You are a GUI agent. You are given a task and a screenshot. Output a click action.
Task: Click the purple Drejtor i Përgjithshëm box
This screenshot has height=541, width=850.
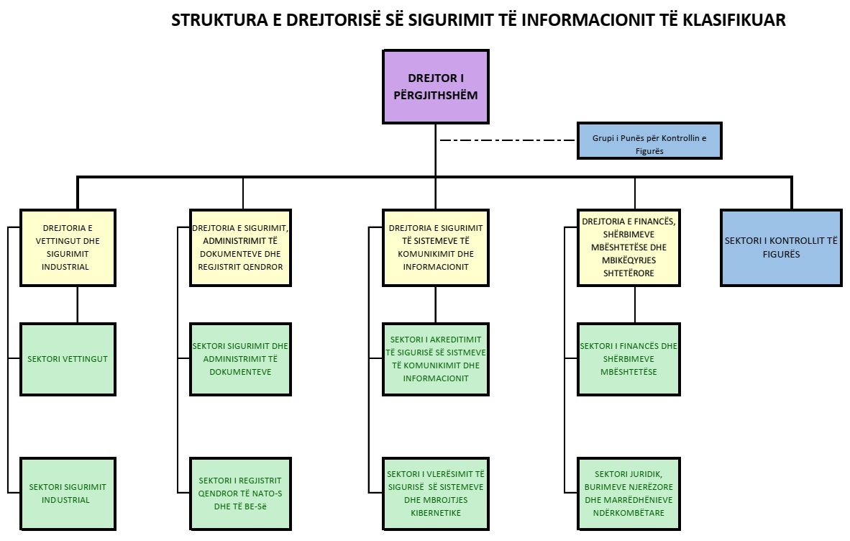click(436, 87)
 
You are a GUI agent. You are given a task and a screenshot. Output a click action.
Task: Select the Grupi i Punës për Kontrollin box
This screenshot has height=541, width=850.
click(649, 141)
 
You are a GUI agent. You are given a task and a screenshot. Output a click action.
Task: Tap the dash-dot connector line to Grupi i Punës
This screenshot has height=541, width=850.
click(508, 140)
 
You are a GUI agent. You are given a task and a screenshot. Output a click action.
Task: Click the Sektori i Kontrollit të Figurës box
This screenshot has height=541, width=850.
click(781, 247)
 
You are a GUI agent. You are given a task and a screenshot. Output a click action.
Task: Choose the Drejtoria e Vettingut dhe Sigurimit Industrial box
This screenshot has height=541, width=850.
click(68, 247)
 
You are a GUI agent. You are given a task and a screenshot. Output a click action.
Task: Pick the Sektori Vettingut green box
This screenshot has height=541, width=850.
click(68, 360)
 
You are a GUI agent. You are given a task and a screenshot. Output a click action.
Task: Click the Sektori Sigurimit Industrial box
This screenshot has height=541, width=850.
click(68, 494)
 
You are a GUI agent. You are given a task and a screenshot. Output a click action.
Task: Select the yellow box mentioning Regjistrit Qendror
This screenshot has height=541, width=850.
click(240, 247)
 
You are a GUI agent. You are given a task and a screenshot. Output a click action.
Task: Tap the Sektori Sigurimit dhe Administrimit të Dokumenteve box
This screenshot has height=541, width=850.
click(240, 360)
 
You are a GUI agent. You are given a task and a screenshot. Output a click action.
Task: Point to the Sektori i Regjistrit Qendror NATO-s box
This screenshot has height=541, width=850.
click(240, 494)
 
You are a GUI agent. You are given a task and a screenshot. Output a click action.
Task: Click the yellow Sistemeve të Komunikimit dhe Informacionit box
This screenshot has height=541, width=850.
click(436, 247)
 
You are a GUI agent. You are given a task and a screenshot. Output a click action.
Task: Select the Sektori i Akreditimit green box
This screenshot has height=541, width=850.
click(436, 360)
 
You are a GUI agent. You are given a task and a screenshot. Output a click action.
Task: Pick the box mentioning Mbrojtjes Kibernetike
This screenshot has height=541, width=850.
click(436, 494)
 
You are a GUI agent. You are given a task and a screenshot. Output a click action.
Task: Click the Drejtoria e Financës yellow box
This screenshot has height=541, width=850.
click(629, 247)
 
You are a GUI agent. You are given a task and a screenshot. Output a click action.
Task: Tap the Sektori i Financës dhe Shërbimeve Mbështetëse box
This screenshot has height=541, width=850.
click(629, 360)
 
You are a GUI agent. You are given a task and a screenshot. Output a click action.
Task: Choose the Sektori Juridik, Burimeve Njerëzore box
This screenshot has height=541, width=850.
click(629, 494)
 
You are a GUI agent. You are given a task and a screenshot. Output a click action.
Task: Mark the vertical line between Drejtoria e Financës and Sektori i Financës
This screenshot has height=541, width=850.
click(635, 304)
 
